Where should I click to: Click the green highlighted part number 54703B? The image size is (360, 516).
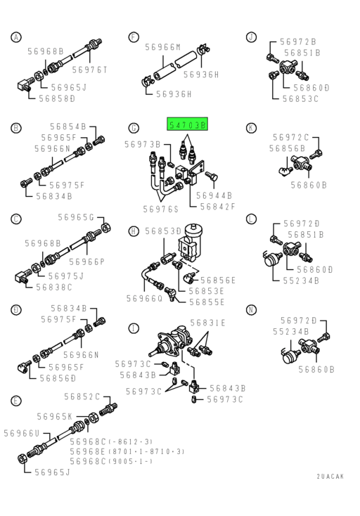point(187,124)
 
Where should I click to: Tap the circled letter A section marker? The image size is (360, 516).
point(15,37)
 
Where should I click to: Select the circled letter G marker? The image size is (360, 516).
point(134,128)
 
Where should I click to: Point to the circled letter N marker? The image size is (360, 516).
point(252,309)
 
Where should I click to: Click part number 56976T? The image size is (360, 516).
point(89,70)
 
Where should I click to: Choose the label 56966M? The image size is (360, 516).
point(163,47)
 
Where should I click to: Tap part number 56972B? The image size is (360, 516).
point(298,41)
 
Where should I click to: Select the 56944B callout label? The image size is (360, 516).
point(214,195)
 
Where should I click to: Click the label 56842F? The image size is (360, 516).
point(218,207)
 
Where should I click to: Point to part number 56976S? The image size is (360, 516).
point(160,209)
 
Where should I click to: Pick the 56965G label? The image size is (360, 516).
point(76,217)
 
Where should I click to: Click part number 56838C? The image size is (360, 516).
point(54,288)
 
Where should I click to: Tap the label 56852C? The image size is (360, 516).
point(82,396)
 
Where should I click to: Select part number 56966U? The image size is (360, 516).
point(22,434)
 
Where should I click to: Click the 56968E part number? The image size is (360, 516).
point(88,451)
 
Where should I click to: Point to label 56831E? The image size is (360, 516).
point(208,323)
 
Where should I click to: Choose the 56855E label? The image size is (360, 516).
point(207,302)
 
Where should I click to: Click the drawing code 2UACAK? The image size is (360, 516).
point(330,476)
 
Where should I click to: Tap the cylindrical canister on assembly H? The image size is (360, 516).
point(193,233)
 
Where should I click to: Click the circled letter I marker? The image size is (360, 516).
point(134,328)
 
